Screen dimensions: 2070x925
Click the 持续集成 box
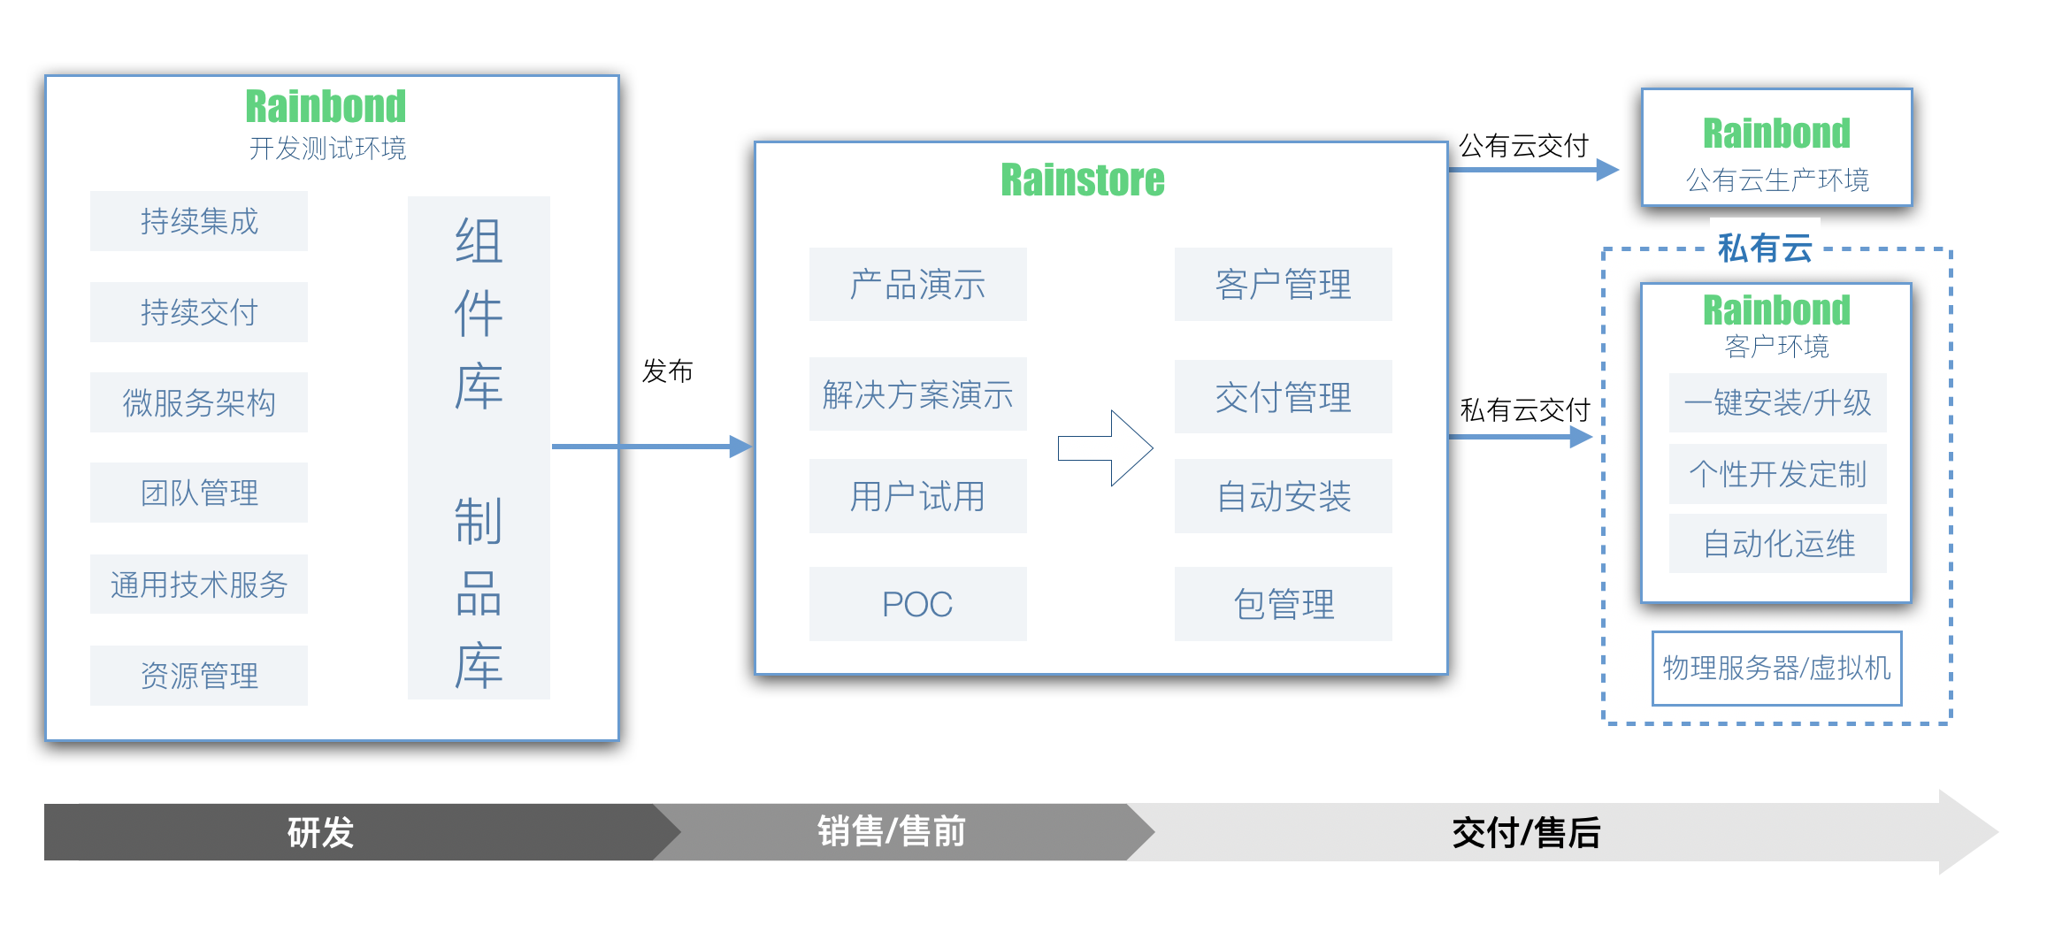click(x=199, y=221)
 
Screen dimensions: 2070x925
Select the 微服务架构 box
click(x=199, y=402)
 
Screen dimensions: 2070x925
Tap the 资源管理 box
click(x=199, y=676)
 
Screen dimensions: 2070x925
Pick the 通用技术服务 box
click(x=199, y=585)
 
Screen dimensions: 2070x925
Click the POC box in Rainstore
click(x=917, y=604)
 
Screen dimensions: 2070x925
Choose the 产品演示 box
click(x=917, y=285)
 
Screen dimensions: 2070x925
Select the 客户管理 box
click(x=1283, y=285)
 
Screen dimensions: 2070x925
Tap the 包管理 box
click(x=1283, y=604)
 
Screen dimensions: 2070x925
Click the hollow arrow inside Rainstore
click(x=1106, y=447)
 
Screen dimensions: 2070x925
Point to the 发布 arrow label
click(x=668, y=371)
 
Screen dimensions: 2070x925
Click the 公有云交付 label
click(x=1523, y=146)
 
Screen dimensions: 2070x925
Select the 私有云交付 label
click(x=1525, y=410)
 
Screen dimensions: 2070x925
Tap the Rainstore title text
click(x=1083, y=180)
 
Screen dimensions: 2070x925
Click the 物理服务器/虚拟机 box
click(x=1776, y=669)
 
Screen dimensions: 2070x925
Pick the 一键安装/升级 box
click(x=1777, y=402)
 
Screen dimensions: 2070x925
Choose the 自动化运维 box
click(x=1777, y=543)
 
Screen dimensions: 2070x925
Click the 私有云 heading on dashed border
click(x=1765, y=248)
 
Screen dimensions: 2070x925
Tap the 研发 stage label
click(x=320, y=832)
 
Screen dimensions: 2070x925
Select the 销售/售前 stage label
click(x=891, y=832)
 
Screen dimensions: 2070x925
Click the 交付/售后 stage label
click(x=1526, y=832)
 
